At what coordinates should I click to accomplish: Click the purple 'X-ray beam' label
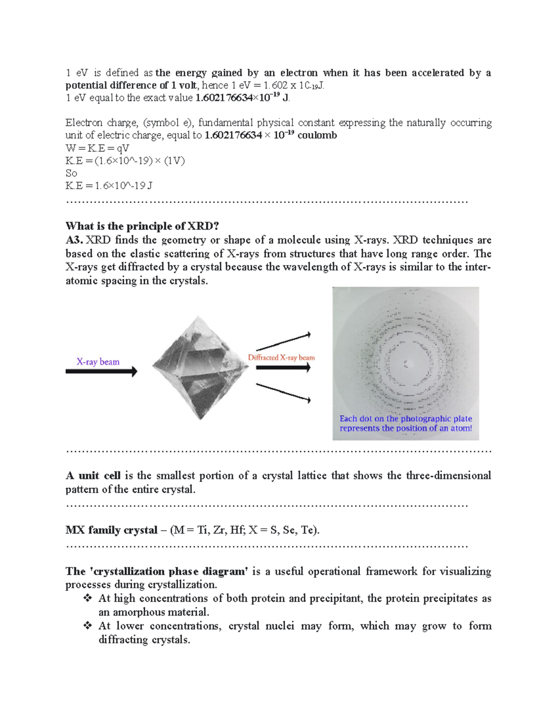point(98,362)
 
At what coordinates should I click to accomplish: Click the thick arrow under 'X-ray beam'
point(101,371)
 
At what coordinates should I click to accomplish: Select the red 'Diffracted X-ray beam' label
point(281,358)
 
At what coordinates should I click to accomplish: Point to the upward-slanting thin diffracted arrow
point(283,342)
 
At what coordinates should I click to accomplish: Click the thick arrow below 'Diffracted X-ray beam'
point(283,368)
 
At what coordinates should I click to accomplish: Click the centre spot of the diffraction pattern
point(406,363)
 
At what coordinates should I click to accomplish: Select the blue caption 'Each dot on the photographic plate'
point(405,418)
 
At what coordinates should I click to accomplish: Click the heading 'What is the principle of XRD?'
point(142,226)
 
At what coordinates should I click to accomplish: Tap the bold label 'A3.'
point(74,240)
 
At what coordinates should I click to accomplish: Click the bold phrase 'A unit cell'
point(93,476)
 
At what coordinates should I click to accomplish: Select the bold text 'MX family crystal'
point(112,530)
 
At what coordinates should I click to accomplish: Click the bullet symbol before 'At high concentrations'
point(87,598)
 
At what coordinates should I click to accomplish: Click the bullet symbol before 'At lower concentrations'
point(87,626)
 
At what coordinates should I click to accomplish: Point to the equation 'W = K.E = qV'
point(97,148)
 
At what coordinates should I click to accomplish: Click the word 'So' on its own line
point(71,173)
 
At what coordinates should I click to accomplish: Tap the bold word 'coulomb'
point(317,135)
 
